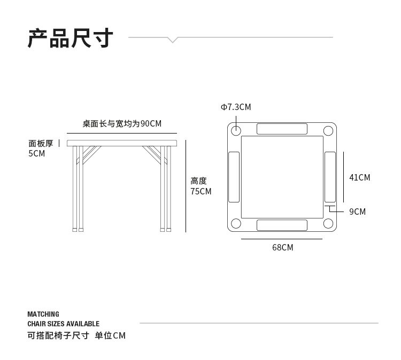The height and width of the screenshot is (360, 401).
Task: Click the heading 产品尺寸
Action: (x=71, y=38)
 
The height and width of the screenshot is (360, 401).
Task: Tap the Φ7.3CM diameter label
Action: (x=236, y=107)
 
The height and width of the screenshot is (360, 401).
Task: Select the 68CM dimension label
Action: (x=282, y=247)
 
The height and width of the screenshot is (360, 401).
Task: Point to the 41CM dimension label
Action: (x=359, y=177)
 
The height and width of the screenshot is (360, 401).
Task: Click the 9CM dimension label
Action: (x=357, y=212)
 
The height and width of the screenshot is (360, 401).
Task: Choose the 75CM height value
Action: (x=201, y=191)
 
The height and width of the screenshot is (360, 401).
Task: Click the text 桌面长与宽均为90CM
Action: (x=122, y=123)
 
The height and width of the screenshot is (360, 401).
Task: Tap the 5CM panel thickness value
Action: (x=37, y=153)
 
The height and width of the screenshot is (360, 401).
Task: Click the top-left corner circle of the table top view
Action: (x=236, y=130)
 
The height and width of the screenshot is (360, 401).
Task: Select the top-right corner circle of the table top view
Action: (x=328, y=130)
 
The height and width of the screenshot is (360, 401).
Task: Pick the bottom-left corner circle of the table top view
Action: (x=236, y=224)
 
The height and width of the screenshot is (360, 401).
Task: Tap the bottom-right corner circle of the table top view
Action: (x=328, y=224)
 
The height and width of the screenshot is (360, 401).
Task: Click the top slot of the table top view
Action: (x=282, y=129)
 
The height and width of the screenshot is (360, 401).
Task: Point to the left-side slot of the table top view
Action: (x=234, y=177)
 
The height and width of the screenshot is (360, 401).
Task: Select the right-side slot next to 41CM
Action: (x=330, y=177)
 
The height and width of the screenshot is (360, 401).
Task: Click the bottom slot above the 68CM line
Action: (x=282, y=225)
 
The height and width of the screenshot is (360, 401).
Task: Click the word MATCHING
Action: (x=43, y=314)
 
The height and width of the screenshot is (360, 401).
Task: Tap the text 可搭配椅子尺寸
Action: (x=58, y=335)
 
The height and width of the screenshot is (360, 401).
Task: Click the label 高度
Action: (x=198, y=181)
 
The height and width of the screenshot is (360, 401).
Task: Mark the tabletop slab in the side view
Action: (x=122, y=143)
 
